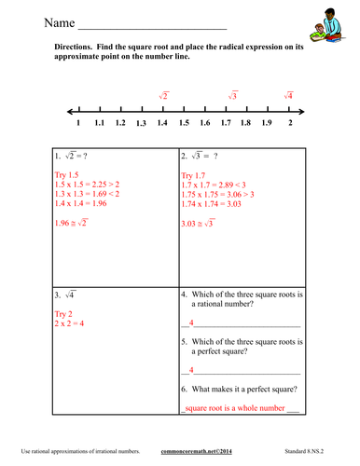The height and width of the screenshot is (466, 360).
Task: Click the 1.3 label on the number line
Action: pos(142,123)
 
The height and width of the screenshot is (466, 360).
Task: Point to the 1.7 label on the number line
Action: pos(226,122)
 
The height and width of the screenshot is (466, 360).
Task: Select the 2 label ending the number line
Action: pos(291,122)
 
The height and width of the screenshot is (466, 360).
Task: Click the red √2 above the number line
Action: pos(163,95)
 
